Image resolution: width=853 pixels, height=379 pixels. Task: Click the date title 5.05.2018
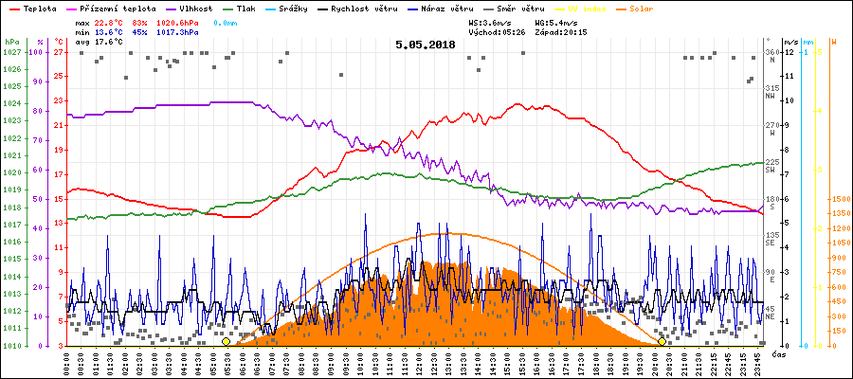pyautogui.click(x=426, y=44)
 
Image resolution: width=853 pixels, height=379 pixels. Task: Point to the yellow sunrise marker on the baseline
pyautogui.click(x=226, y=341)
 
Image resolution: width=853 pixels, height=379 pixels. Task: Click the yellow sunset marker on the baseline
pyautogui.click(x=662, y=341)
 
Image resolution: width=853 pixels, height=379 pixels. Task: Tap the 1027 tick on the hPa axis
pyautogui.click(x=11, y=52)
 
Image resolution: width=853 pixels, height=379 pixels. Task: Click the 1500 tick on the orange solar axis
pyautogui.click(x=840, y=200)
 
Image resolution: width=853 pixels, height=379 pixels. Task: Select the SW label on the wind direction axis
pyautogui.click(x=771, y=169)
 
